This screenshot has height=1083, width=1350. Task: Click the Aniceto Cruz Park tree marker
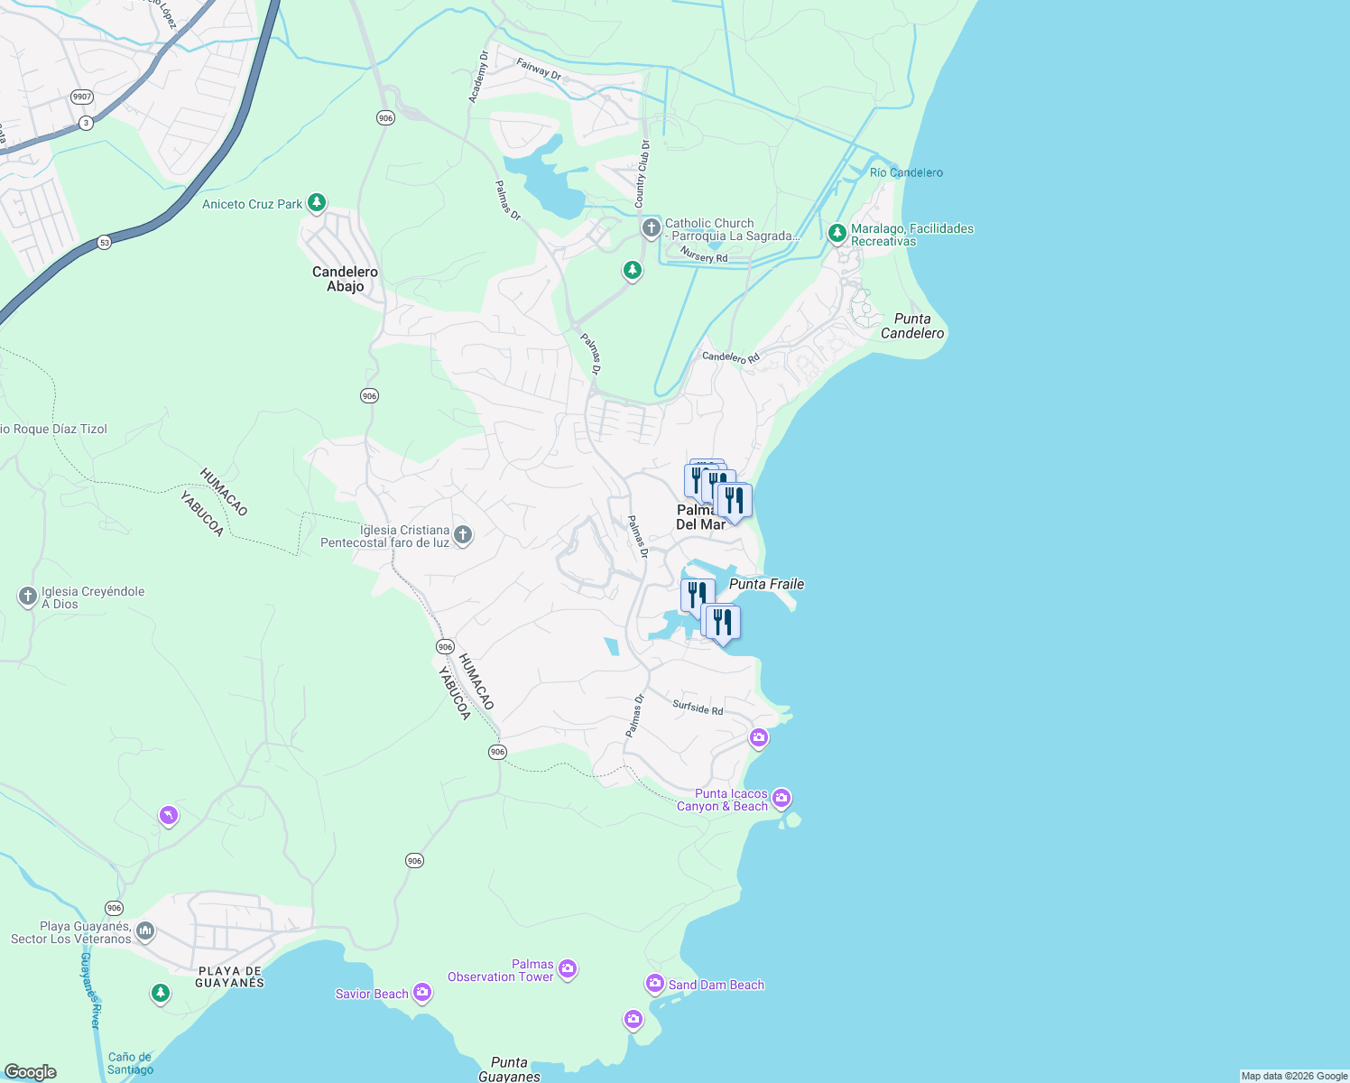[x=316, y=202]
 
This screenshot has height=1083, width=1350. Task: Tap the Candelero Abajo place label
[x=345, y=279]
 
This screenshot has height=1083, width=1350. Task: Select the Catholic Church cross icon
[x=651, y=227]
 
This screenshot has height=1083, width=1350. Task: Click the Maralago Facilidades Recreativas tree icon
[x=837, y=234]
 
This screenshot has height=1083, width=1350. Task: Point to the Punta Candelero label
[x=912, y=326]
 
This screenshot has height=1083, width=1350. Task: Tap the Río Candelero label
[x=906, y=172]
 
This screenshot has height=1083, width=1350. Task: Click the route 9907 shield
[x=82, y=97]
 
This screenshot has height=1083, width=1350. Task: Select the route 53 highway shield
[x=105, y=243]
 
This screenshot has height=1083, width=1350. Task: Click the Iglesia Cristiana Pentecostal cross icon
[x=462, y=535]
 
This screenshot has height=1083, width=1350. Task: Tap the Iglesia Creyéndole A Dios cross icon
[x=28, y=597]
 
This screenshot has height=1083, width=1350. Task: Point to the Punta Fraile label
[x=766, y=584]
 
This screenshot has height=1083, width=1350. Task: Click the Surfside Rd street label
[x=698, y=708]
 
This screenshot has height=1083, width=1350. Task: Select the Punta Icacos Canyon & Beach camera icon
[x=781, y=798]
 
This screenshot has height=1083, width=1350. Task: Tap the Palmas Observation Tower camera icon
[x=567, y=968]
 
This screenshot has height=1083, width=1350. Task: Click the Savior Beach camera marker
[x=421, y=993]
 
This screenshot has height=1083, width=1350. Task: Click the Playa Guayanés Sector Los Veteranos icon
[x=145, y=930]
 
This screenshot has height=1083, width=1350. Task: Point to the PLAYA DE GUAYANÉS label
[x=230, y=977]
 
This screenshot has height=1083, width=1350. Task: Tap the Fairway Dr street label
[x=539, y=69]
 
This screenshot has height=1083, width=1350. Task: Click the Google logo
[x=31, y=1072]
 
